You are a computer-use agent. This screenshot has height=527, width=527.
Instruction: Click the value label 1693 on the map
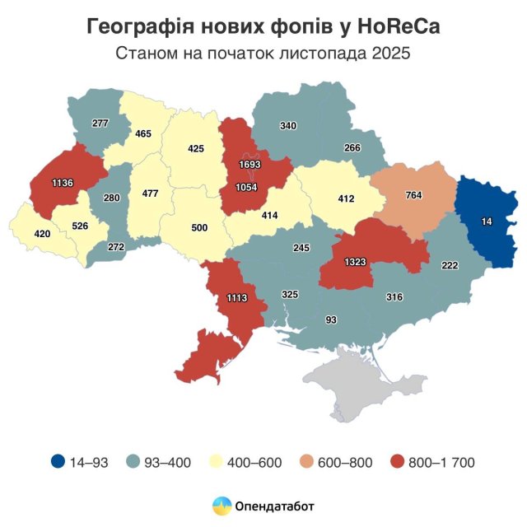(251, 165)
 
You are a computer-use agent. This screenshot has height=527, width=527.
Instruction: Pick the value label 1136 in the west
(63, 182)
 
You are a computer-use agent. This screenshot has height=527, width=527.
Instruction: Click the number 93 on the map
(331, 319)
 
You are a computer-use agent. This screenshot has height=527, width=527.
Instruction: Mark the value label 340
(288, 126)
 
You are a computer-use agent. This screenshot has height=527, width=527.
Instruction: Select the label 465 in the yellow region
(143, 133)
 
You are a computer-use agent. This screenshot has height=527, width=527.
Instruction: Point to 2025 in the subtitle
(389, 54)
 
